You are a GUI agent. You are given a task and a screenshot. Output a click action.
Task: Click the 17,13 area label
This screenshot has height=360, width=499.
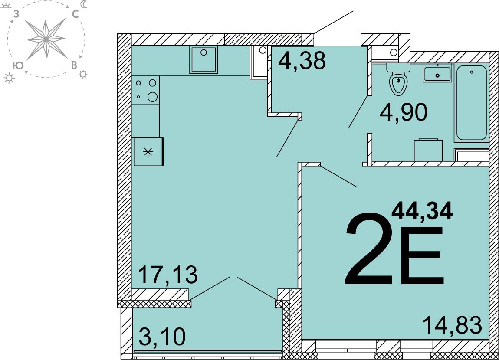pyautogui.click(x=168, y=275)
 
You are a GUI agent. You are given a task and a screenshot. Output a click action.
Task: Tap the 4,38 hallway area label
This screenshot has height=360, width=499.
pyautogui.click(x=302, y=60)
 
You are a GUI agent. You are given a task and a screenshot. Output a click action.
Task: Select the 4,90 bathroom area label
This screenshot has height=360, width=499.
pyautogui.click(x=404, y=112)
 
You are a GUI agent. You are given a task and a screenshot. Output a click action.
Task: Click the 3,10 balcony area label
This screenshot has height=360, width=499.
pyautogui.click(x=162, y=337)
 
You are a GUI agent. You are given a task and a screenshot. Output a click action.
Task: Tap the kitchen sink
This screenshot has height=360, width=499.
pyautogui.click(x=204, y=59)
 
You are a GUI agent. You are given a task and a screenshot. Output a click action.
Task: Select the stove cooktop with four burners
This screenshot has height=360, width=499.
pyautogui.click(x=145, y=90)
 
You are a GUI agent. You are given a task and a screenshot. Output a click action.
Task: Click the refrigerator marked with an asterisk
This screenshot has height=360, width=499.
pyautogui.click(x=148, y=151)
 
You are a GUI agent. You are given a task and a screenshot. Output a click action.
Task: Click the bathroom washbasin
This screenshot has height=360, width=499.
pyautogui.click(x=437, y=73)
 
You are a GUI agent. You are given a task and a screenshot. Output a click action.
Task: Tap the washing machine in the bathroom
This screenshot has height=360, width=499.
pyautogui.click(x=428, y=150)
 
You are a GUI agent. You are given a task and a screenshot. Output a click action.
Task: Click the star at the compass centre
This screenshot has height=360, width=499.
pyautogui.click(x=46, y=39)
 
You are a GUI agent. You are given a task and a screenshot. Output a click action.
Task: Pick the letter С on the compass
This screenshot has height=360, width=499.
pyautogui.click(x=75, y=14)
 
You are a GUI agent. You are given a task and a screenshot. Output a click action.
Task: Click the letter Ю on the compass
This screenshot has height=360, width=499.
pyautogui.click(x=18, y=65)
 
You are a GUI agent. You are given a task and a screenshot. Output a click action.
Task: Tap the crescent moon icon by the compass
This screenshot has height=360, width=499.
pyautogui.click(x=83, y=4)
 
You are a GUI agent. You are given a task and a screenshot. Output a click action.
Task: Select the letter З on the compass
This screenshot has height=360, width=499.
pyautogui.click(x=16, y=14)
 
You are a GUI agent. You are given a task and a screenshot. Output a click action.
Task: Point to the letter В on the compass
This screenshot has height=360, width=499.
pyautogui.click(x=74, y=65)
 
